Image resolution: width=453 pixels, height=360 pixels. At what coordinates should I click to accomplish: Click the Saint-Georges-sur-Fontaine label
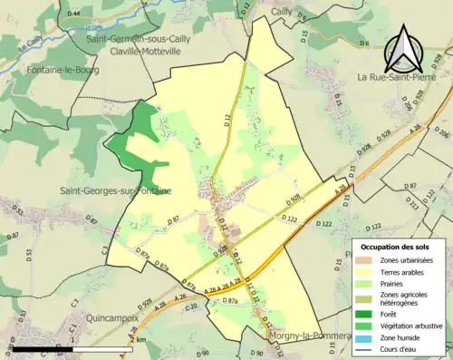coord(116,190)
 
